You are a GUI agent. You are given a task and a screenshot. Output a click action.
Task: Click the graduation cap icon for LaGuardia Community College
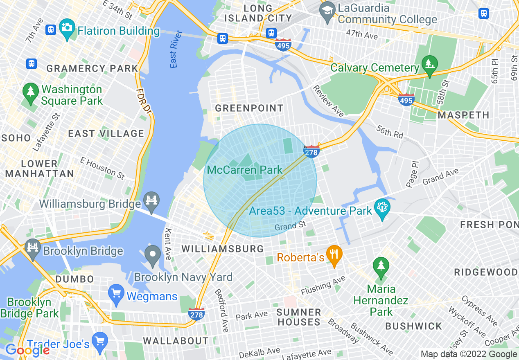click(x=328, y=13)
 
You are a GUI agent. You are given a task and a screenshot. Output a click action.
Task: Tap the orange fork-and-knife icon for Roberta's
click(x=334, y=255)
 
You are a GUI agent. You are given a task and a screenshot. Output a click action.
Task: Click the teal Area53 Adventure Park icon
click(x=382, y=209)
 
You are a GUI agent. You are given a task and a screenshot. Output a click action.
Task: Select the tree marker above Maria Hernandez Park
click(x=381, y=266)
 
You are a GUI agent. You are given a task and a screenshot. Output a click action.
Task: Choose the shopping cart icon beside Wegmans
click(x=117, y=294)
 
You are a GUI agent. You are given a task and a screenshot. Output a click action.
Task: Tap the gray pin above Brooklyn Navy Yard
click(x=153, y=255)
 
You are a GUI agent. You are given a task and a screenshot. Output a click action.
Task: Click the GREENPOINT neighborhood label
click(x=249, y=108)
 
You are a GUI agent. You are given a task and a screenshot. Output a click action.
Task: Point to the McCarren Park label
click(x=245, y=170)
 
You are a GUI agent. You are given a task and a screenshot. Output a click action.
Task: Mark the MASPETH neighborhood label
click(x=463, y=115)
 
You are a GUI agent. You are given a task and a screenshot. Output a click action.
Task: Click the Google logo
click(x=27, y=350)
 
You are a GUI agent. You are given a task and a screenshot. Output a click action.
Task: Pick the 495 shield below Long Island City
click(x=283, y=45)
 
